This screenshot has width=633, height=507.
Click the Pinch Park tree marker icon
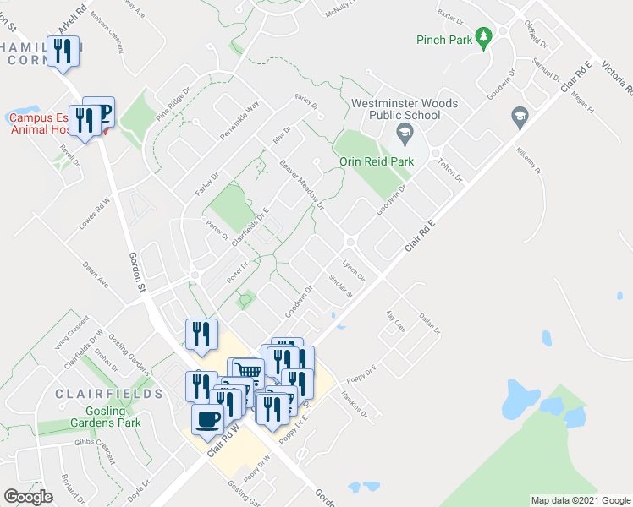coord(483,38)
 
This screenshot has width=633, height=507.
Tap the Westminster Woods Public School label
coord(405,109)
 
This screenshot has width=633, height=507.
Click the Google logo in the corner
coord(28,497)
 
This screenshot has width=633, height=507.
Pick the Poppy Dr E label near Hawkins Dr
coord(366,368)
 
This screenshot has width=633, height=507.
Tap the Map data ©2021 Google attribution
coord(581,500)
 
